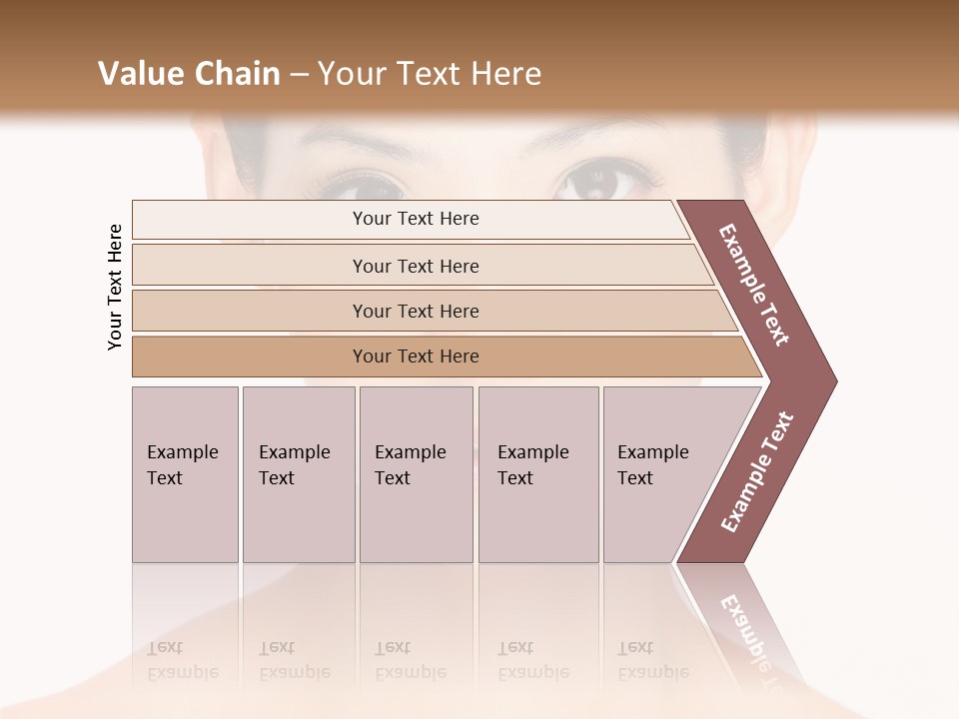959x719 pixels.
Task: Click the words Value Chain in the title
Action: tap(189, 74)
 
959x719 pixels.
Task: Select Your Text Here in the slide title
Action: tap(430, 74)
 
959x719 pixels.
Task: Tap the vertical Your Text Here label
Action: tap(115, 287)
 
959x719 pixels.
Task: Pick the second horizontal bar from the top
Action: tap(415, 266)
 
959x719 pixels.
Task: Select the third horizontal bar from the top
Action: tap(415, 311)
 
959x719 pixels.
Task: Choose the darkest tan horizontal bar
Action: tap(415, 357)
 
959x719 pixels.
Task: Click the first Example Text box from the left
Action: tap(185, 474)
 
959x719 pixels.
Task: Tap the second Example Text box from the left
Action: tap(299, 474)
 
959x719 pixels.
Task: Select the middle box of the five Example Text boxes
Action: tap(416, 474)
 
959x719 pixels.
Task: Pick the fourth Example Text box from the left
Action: tap(538, 474)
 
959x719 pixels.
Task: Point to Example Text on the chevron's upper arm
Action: tap(754, 285)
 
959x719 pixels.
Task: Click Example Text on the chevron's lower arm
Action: tap(756, 472)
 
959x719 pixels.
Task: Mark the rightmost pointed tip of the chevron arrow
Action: tap(834, 380)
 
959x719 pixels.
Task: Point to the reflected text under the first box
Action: tap(182, 660)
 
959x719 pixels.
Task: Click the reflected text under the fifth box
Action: tap(652, 660)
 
